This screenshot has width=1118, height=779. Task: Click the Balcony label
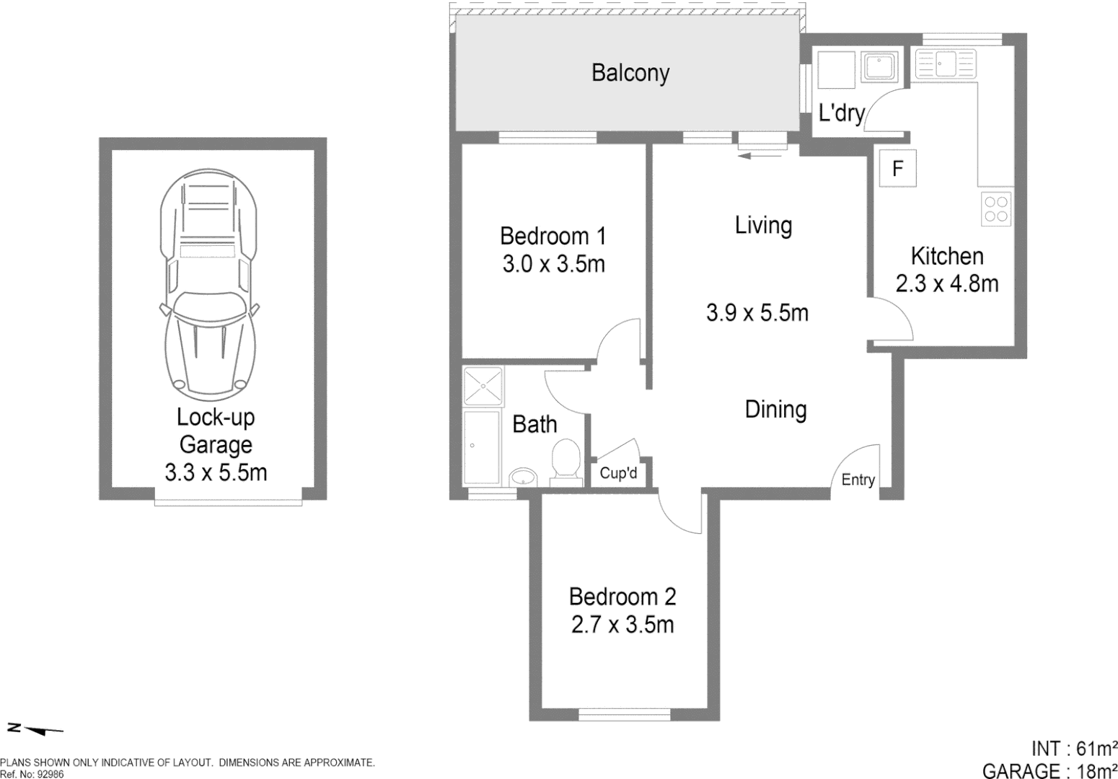[x=630, y=73]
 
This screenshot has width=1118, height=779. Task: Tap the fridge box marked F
[x=897, y=169]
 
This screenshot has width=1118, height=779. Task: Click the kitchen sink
[x=944, y=63]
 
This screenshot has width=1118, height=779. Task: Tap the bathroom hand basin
[x=523, y=477]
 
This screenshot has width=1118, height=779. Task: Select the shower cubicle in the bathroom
[x=483, y=386]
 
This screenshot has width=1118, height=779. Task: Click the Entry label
[x=858, y=480]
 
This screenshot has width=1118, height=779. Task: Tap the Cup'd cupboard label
[x=618, y=475]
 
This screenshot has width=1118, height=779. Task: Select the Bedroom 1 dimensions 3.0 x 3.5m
[x=553, y=265]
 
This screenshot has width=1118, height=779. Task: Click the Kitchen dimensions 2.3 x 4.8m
[x=946, y=283]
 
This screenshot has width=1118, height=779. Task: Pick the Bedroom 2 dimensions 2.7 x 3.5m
[x=622, y=624]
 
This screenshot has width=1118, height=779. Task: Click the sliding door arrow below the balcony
[x=760, y=154]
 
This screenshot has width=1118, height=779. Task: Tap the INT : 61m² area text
[x=1074, y=749]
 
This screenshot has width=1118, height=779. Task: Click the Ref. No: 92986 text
[x=32, y=773]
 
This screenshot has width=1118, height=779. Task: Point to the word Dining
[x=775, y=410]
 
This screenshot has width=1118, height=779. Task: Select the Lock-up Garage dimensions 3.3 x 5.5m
[x=216, y=472]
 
